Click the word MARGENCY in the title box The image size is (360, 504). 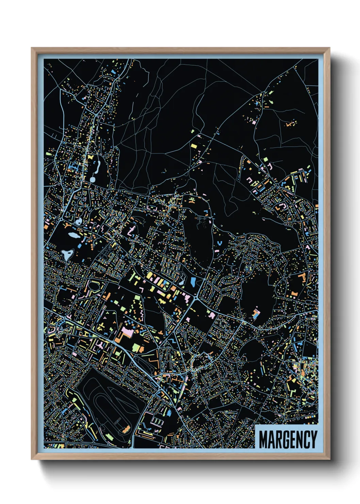pos(288,439)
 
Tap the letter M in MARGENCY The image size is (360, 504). pos(263,439)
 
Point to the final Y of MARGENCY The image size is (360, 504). pos(313,439)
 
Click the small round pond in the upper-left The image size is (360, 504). pos(92,179)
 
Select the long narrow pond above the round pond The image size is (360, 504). pos(98,167)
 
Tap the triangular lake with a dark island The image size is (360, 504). pos(67,254)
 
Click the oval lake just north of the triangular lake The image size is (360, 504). pos(73,235)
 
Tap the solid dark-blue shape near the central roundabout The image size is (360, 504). pos(193,282)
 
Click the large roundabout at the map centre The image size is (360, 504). pos(197,299)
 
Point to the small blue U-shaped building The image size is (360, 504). pos(219,243)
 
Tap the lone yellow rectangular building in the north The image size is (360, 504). pos(194,146)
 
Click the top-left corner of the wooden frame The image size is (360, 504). pos(32,48)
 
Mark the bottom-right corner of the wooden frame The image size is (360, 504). pos(329,459)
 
